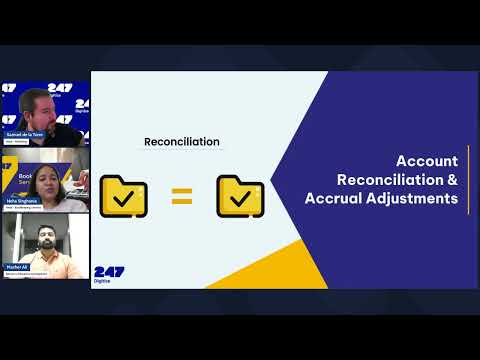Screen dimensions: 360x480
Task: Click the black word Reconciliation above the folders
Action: tap(181, 142)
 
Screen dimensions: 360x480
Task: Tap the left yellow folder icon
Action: tap(123, 196)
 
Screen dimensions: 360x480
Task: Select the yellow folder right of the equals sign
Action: tap(240, 196)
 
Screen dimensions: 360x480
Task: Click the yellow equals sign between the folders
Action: tap(181, 196)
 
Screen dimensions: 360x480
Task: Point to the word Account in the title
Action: tap(427, 161)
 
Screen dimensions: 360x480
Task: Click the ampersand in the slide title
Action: tap(452, 180)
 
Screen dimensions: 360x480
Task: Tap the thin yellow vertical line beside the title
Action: tap(468, 180)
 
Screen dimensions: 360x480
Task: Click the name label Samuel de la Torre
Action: tap(27, 133)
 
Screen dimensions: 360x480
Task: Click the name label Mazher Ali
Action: tap(19, 267)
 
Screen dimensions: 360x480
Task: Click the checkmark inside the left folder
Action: tap(124, 198)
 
